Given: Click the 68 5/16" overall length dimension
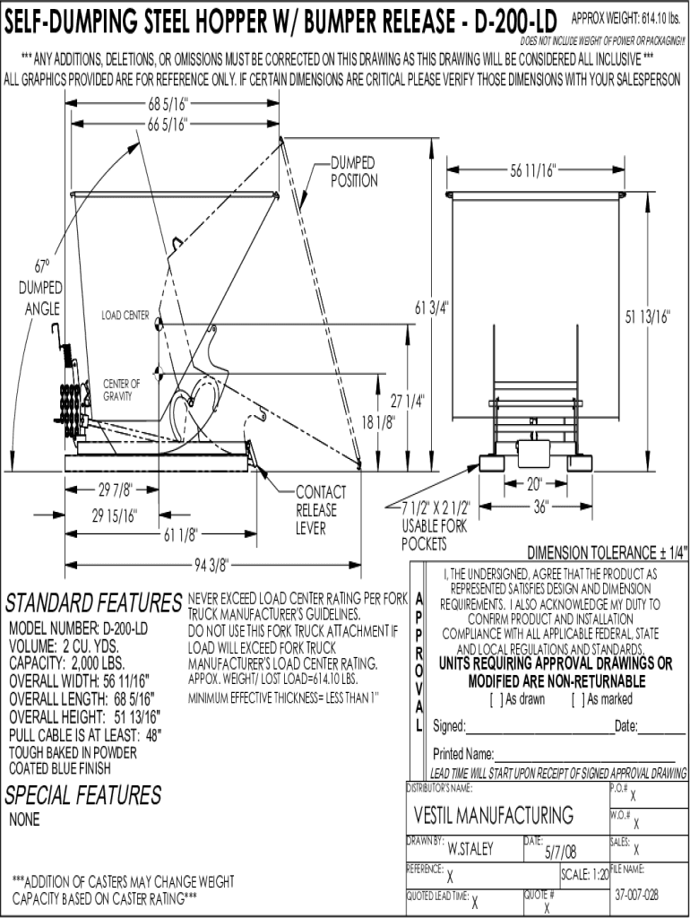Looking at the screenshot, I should coord(168,104).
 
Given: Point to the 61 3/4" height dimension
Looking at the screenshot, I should coord(431,307).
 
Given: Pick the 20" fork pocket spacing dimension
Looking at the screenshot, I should coord(534,484).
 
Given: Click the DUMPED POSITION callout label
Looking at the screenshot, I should coord(354,172).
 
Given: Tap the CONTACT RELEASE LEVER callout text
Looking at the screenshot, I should coord(321,510).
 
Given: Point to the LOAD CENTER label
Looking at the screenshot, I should coord(125,316).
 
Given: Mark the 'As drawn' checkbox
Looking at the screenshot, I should coord(495,699).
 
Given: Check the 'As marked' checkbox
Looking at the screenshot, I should coord(576,699).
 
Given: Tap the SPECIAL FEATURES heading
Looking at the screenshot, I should coord(83,795).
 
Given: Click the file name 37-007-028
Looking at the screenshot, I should coord(637,895).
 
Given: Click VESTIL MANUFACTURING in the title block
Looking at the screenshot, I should coord(494,815).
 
